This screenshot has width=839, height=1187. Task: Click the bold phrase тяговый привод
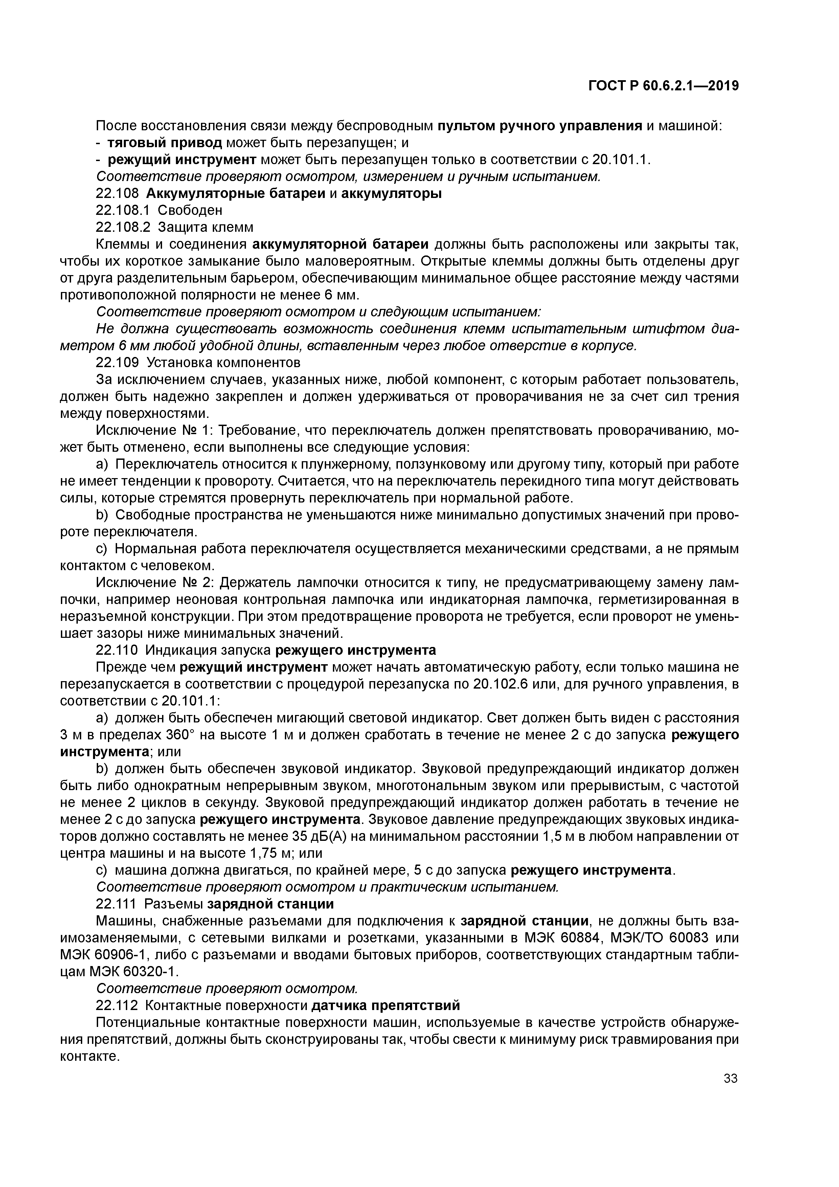165,143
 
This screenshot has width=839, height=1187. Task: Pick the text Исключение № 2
155,583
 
